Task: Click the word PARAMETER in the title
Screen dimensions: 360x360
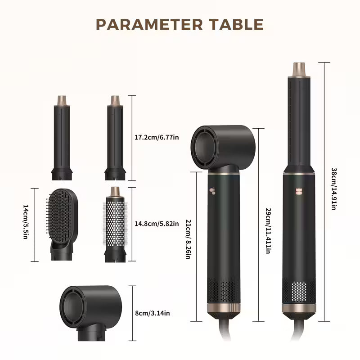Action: pyautogui.click(x=149, y=24)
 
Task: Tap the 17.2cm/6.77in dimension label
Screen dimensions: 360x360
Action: pyautogui.click(x=157, y=137)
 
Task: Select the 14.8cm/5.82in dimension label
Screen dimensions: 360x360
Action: pyautogui.click(x=157, y=224)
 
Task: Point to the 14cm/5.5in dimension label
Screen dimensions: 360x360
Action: pyautogui.click(x=26, y=222)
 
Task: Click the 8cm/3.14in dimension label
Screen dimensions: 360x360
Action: pyautogui.click(x=153, y=313)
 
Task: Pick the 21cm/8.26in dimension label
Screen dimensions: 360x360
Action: pyautogui.click(x=188, y=239)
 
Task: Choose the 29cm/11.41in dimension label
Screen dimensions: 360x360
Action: pyautogui.click(x=268, y=231)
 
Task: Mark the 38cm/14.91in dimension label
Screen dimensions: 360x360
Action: pyautogui.click(x=333, y=189)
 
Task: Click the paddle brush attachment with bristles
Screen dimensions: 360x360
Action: pyautogui.click(x=62, y=224)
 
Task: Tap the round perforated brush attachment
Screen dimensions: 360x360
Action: pyautogui.click(x=115, y=224)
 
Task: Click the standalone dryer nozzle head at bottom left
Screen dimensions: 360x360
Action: pyautogui.click(x=91, y=313)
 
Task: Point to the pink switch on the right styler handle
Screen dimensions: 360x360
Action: pyautogui.click(x=299, y=190)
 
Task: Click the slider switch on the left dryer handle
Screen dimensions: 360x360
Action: pyautogui.click(x=212, y=191)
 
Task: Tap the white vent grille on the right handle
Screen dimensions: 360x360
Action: pyautogui.click(x=299, y=291)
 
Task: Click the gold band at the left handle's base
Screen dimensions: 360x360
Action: pyautogui.click(x=224, y=308)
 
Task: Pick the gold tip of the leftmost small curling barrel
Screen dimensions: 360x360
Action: pyautogui.click(x=62, y=100)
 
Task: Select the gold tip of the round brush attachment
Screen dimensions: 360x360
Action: pyautogui.click(x=115, y=192)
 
